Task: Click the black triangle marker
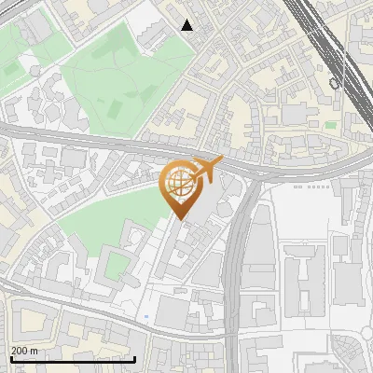(x=187, y=25)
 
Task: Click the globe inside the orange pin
(x=179, y=184)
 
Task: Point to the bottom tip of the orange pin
(x=179, y=219)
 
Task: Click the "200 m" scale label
(x=24, y=351)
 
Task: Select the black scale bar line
(x=72, y=359)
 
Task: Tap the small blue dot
(x=146, y=317)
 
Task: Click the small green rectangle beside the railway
(x=330, y=124)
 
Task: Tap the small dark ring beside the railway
(x=334, y=84)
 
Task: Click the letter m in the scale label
(x=35, y=351)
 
